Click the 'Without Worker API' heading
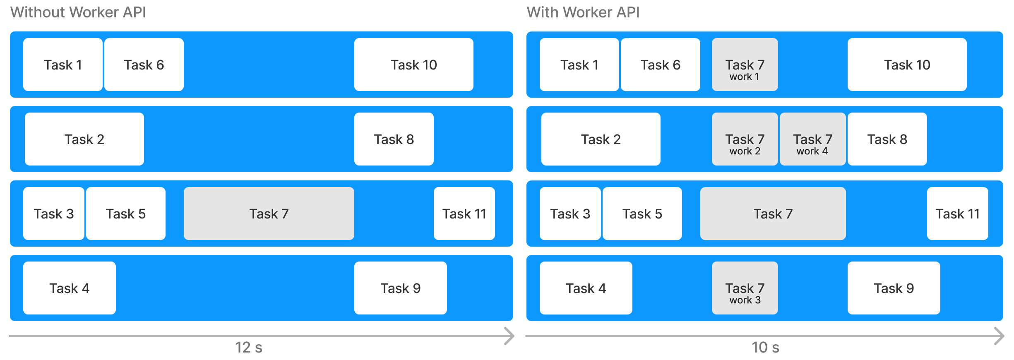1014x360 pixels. [78, 12]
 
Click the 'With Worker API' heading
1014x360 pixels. [583, 12]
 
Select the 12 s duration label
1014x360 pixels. [249, 348]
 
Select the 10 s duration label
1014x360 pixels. [765, 348]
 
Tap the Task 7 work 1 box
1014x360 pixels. [745, 65]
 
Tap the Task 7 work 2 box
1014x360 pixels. [745, 139]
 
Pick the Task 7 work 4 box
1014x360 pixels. [812, 139]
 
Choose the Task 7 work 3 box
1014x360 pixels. [745, 288]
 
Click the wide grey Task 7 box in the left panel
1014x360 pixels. [269, 214]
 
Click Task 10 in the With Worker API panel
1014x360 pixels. [907, 65]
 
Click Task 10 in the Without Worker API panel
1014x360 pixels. [413, 65]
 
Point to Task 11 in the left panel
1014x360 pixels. [464, 214]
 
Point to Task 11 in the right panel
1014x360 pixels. [957, 214]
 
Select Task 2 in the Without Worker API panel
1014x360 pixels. [84, 139]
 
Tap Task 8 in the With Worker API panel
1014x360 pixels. [887, 139]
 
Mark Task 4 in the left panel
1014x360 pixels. [69, 288]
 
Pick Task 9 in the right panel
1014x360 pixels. [894, 288]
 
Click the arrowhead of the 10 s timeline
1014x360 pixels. [1000, 336]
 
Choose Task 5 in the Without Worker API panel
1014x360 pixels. [125, 214]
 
